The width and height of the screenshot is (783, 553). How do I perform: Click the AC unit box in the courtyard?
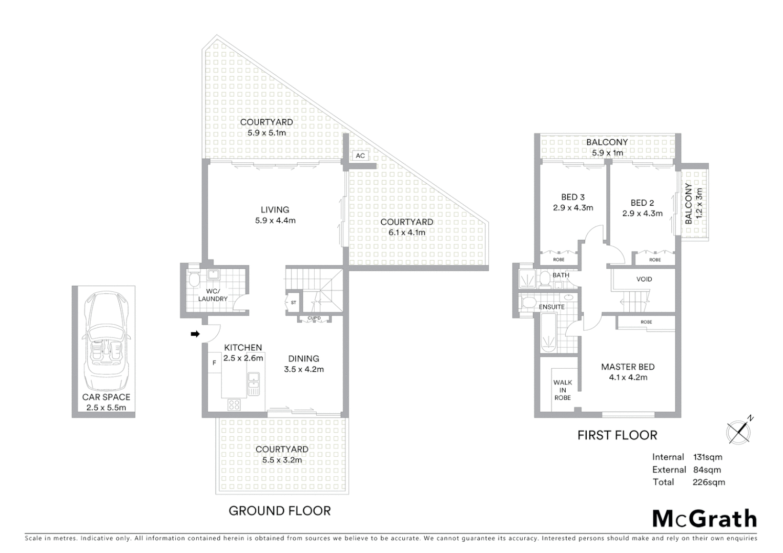click(x=360, y=156)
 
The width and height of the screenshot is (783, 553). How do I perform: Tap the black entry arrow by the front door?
click(x=195, y=334)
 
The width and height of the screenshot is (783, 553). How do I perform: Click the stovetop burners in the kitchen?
click(x=234, y=405)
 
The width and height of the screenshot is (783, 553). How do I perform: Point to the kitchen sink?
click(x=253, y=384)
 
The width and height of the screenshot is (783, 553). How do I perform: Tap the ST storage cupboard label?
click(x=293, y=303)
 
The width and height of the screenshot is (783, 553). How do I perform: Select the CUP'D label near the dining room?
click(x=314, y=318)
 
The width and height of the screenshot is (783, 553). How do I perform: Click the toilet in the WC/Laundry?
click(x=194, y=280)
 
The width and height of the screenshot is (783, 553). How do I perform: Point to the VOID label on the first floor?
click(x=644, y=279)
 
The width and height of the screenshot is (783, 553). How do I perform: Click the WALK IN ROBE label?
click(x=563, y=390)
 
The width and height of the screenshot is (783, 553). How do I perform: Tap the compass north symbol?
click(x=739, y=431)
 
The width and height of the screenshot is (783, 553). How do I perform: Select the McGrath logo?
click(x=704, y=519)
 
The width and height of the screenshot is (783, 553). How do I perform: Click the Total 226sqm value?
click(x=709, y=482)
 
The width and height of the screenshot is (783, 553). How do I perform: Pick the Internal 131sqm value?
click(x=708, y=457)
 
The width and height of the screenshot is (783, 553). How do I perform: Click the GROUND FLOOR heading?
click(x=279, y=511)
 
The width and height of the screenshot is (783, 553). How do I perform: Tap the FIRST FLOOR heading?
click(x=617, y=435)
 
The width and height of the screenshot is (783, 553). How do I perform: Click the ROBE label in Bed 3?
click(x=559, y=260)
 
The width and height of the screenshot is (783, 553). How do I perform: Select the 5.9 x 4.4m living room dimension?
click(x=275, y=221)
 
